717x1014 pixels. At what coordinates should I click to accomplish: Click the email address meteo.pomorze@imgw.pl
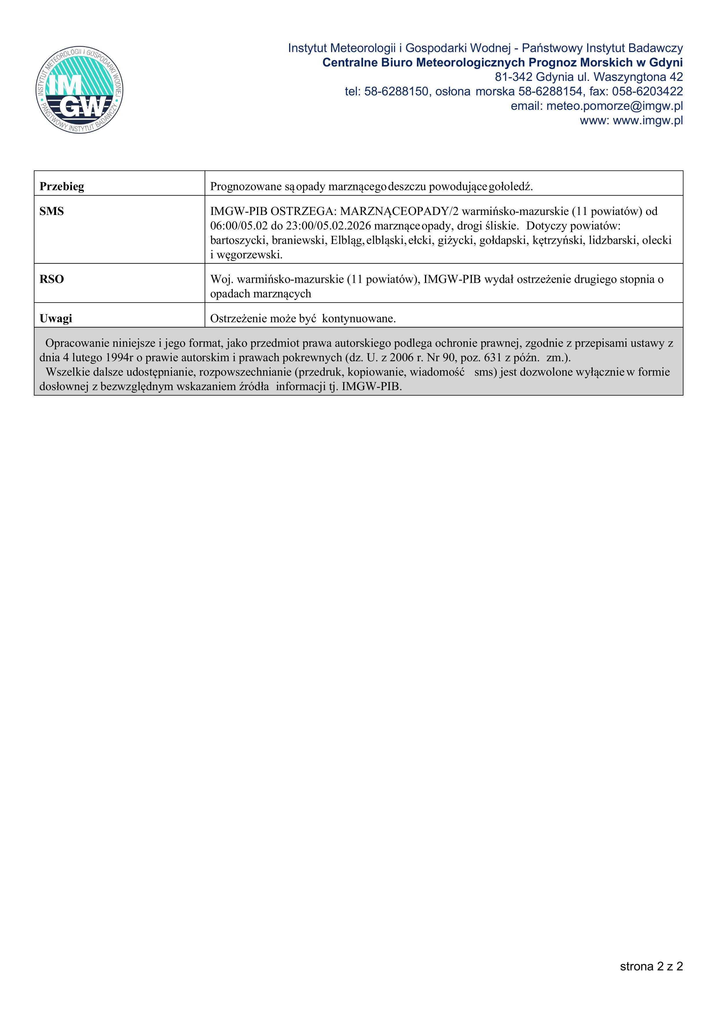(614, 106)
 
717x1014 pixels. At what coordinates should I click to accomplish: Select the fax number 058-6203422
(647, 91)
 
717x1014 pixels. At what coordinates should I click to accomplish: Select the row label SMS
(52, 211)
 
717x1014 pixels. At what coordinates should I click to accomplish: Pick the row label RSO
(52, 279)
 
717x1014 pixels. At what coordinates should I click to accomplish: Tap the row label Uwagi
(56, 318)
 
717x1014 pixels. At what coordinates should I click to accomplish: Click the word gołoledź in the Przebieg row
(511, 186)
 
